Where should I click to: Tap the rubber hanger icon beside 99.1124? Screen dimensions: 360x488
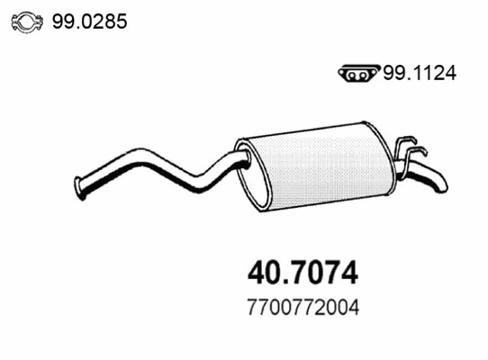[x=359, y=76]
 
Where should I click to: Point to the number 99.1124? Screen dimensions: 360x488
[x=420, y=76]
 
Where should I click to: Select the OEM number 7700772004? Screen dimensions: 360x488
[x=303, y=307]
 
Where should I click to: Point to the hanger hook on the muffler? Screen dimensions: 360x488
[x=411, y=148]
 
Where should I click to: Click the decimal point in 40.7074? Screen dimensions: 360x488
[x=285, y=280]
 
